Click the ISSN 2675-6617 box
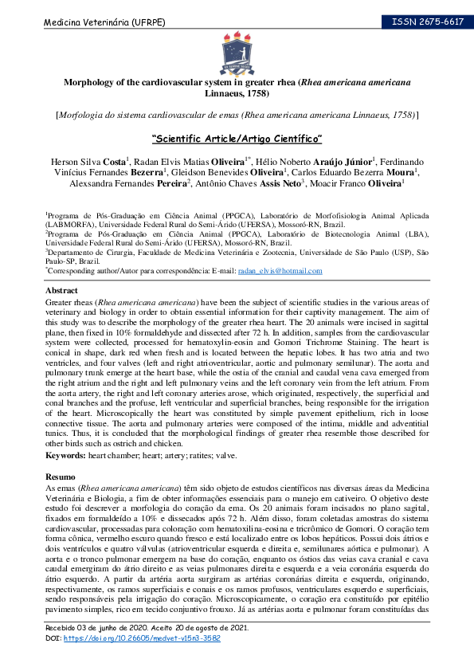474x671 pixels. pos(427,22)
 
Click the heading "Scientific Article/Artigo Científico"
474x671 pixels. pos(237,138)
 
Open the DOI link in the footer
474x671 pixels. pos(141,638)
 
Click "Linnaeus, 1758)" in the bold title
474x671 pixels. pos(237,93)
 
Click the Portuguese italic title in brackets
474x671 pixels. pos(237,115)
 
